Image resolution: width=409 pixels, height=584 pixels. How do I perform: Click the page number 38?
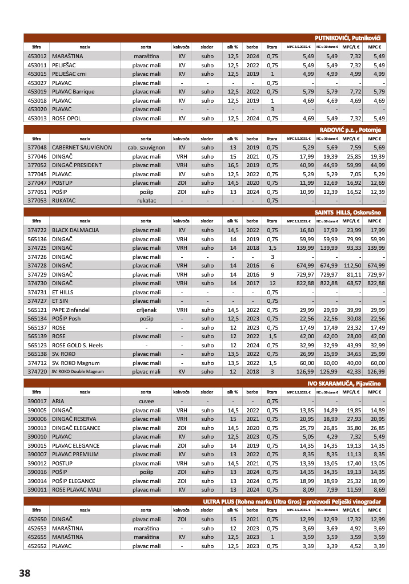click(x=24, y=573)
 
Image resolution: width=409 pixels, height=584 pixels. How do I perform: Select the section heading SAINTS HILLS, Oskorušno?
click(x=351, y=212)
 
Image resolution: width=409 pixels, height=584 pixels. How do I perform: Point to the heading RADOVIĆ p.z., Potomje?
click(x=356, y=129)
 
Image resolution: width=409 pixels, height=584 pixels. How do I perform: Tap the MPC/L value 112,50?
click(x=352, y=265)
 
